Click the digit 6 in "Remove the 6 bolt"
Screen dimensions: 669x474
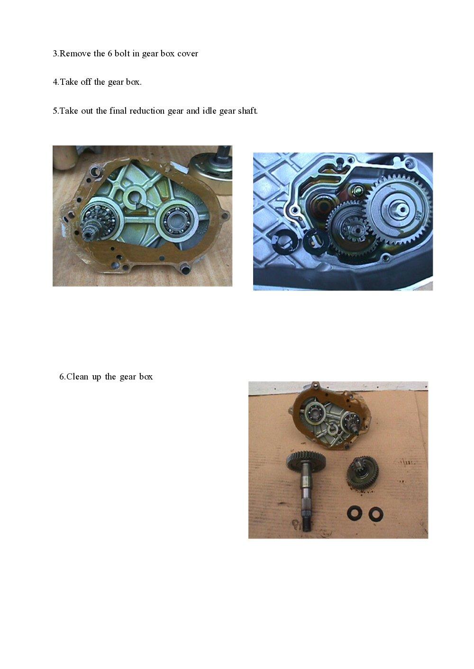click(110, 54)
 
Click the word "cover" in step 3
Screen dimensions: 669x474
click(188, 54)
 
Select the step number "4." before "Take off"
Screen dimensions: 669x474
click(55, 82)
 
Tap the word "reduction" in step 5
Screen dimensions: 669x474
click(147, 111)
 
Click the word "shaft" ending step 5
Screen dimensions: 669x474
click(248, 111)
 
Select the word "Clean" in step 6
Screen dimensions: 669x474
click(77, 377)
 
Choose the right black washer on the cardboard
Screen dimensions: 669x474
click(375, 513)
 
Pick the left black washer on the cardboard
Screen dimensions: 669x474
click(354, 513)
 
